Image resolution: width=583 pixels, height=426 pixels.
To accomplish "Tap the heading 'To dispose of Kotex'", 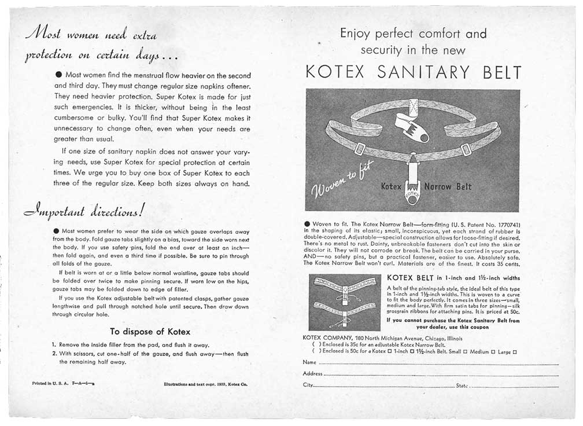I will pos(150,332).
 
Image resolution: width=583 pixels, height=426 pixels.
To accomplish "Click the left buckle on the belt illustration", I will pos(359,149).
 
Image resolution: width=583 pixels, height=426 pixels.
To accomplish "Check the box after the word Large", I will pos(514,352).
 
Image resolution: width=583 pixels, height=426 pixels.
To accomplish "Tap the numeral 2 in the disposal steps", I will pos(54,354).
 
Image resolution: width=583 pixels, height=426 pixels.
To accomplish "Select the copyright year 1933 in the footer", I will pos(218,383).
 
